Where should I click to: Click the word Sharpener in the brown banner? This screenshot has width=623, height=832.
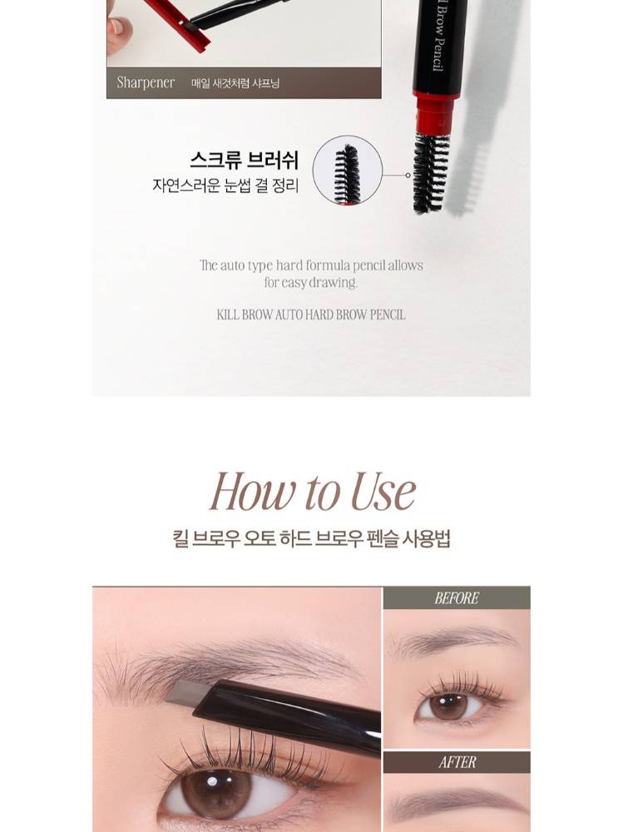(146, 82)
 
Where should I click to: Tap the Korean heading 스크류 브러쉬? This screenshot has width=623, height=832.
(244, 161)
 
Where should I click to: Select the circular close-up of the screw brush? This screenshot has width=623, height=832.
(347, 171)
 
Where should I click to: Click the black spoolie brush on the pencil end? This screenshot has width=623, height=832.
(430, 173)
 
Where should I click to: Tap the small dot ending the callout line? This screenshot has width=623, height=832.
(408, 175)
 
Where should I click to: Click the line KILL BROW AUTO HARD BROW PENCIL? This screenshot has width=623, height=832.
(311, 314)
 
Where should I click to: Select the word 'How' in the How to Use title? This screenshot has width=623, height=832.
(253, 492)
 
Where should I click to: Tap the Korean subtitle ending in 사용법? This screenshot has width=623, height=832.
(311, 538)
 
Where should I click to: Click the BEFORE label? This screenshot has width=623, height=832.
(457, 598)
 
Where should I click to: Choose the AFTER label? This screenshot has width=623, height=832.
(457, 762)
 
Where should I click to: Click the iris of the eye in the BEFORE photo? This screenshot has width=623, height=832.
(448, 706)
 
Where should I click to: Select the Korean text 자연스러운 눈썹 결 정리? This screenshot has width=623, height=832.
(225, 186)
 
